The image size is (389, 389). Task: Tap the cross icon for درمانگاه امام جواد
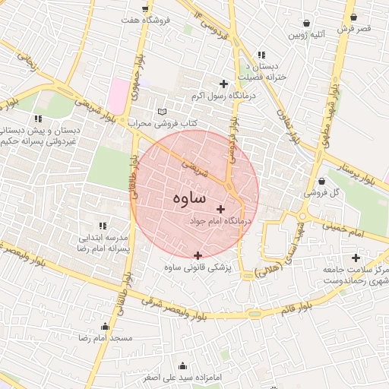pos(220,208)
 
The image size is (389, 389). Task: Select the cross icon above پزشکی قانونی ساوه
pos(198,255)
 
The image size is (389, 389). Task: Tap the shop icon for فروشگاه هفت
pos(144,9)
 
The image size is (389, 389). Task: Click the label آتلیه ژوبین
pos(306,35)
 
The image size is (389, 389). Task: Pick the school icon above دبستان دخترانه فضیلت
pos(261,55)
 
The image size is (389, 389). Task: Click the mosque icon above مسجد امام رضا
pos(105,326)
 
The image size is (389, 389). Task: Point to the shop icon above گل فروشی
pos(322,181)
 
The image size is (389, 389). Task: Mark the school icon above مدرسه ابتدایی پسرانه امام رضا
pos(103,225)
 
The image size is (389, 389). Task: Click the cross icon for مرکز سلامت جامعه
pos(356,258)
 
